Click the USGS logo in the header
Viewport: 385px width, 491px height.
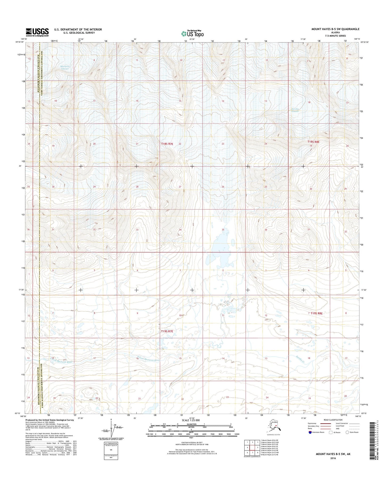pyautogui.click(x=37, y=32)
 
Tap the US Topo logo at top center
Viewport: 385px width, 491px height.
pyautogui.click(x=192, y=33)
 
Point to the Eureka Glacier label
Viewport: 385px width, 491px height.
pyautogui.click(x=297, y=110)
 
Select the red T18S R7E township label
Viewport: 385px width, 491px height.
pyautogui.click(x=167, y=144)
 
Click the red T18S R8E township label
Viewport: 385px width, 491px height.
pyautogui.click(x=313, y=142)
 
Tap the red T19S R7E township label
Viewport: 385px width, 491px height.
pyautogui.click(x=167, y=331)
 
